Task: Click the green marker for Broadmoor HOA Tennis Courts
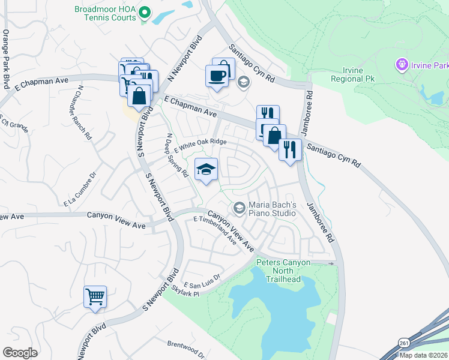pyautogui.click(x=144, y=11)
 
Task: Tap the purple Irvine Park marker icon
pyautogui.click(x=401, y=64)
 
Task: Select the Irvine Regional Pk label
pyautogui.click(x=347, y=74)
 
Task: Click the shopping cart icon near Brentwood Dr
pyautogui.click(x=95, y=296)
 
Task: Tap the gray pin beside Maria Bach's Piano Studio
pyautogui.click(x=239, y=208)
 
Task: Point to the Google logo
pyautogui.click(x=20, y=353)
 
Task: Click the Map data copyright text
pyautogui.click(x=423, y=355)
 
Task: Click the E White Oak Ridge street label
pyautogui.click(x=200, y=146)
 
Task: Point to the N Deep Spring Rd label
pyautogui.click(x=178, y=155)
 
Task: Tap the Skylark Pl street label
pyautogui.click(x=184, y=289)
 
